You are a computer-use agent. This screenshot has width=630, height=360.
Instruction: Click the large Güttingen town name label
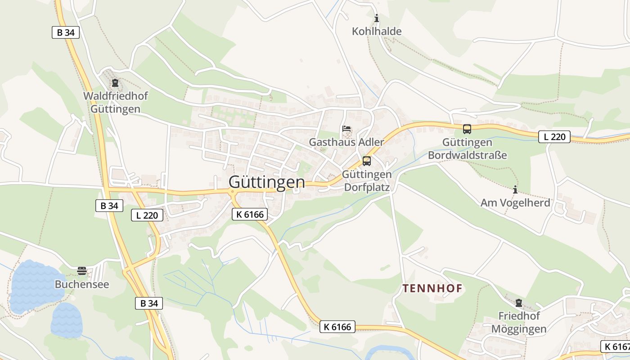click(x=266, y=182)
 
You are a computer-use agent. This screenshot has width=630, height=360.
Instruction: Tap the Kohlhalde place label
click(x=377, y=31)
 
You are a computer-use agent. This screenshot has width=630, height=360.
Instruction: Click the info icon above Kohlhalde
click(x=377, y=18)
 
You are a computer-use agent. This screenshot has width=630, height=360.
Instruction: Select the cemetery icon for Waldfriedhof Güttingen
click(x=115, y=83)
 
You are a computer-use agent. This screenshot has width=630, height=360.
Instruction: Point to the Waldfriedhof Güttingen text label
click(x=116, y=103)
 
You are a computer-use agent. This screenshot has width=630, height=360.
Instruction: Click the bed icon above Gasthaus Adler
click(x=346, y=129)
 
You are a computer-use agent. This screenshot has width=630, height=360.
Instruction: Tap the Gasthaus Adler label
click(x=346, y=142)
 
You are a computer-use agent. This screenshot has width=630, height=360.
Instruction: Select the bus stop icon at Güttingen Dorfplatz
click(x=367, y=161)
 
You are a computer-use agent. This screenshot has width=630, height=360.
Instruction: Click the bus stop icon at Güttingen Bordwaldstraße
click(x=467, y=129)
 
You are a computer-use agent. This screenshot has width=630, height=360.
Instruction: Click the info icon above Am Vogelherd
click(x=515, y=189)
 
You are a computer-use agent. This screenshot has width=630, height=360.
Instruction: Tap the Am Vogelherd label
click(x=515, y=203)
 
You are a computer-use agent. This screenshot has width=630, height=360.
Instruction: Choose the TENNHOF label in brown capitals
click(x=432, y=288)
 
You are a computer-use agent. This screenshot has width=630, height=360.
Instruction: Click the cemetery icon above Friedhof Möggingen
click(x=519, y=302)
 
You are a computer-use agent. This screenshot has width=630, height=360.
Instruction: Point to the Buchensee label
click(x=82, y=284)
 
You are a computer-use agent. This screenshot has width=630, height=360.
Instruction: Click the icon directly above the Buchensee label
click(x=82, y=271)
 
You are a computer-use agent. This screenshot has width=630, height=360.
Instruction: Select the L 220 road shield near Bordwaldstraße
click(x=554, y=137)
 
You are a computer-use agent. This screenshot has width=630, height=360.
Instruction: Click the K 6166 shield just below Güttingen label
click(x=250, y=215)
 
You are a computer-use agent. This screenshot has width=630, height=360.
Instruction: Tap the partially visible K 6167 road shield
click(x=615, y=346)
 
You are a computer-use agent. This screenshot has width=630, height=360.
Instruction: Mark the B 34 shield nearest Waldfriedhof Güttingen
click(x=66, y=32)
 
